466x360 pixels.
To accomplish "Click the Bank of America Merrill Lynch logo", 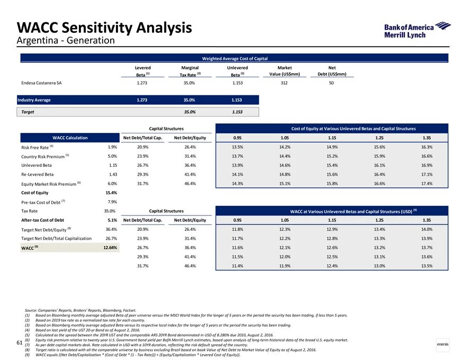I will (x=416, y=31).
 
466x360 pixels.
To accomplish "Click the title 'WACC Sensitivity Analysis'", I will (x=104, y=28).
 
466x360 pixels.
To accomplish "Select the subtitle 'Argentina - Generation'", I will (x=66, y=41).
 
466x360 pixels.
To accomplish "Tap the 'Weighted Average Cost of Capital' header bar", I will (x=235, y=58).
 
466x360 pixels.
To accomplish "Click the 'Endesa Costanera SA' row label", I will (x=42, y=83).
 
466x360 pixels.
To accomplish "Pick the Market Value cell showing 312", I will (x=284, y=83).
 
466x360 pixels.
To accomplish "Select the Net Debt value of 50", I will (x=332, y=83).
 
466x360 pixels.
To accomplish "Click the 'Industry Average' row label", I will (x=34, y=100).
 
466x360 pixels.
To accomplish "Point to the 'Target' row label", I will (x=28, y=112).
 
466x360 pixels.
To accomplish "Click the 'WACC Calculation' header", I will (x=70, y=138).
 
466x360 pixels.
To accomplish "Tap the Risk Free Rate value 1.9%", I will (x=112, y=147).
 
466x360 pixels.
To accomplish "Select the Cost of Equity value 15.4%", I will (x=111, y=193).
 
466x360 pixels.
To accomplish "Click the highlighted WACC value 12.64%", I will (x=110, y=247).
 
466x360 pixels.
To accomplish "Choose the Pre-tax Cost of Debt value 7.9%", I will (x=112, y=202).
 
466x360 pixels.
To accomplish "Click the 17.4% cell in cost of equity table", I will (x=426, y=183).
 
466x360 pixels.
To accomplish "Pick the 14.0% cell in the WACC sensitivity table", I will (x=426, y=229).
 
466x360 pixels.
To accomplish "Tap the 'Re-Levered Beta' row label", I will (x=37, y=174).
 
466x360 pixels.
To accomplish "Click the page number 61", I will (x=19, y=344).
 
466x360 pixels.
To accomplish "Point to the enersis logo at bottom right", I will (x=442, y=345).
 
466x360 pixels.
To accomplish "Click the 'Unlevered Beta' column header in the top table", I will (x=237, y=71).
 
